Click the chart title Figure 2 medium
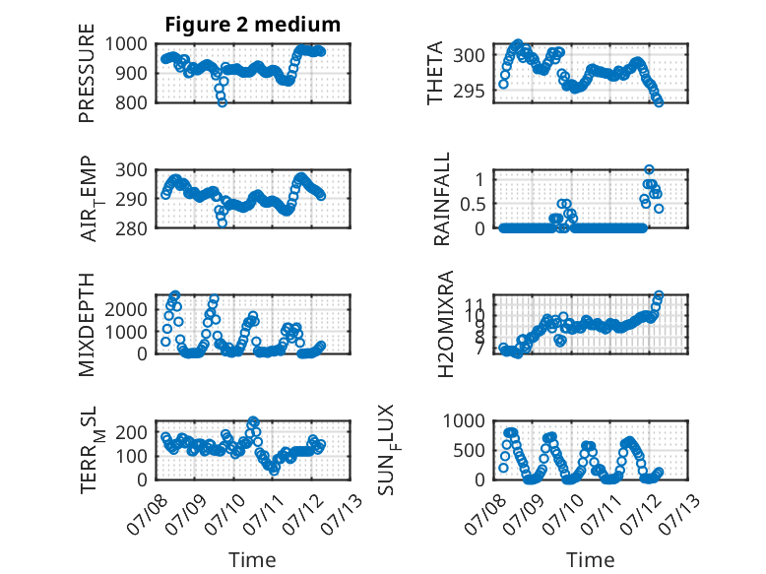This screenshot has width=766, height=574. point(253,25)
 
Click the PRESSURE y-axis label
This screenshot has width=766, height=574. point(87,73)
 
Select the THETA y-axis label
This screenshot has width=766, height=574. point(434,73)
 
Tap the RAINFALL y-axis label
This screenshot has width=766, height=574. point(441,199)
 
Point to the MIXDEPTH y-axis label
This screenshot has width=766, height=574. point(87,324)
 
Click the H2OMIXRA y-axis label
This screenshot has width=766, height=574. point(446,324)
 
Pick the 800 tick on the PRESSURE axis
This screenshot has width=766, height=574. point(130,102)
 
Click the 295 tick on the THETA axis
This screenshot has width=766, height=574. point(469,91)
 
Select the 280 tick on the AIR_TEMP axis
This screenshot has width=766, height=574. point(130,228)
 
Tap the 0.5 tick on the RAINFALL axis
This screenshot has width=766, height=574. point(473,204)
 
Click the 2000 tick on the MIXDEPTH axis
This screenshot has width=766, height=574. point(126,309)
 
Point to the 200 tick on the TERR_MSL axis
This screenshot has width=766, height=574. point(130,432)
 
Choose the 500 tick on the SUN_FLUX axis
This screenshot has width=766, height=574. point(469,450)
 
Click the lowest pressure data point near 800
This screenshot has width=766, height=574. point(223,102)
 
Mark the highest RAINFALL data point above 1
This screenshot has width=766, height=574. point(649,169)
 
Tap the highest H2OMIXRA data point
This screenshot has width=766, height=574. point(659,295)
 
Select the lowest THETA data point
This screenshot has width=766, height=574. point(659,102)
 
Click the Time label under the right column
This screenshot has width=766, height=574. point(590,559)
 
